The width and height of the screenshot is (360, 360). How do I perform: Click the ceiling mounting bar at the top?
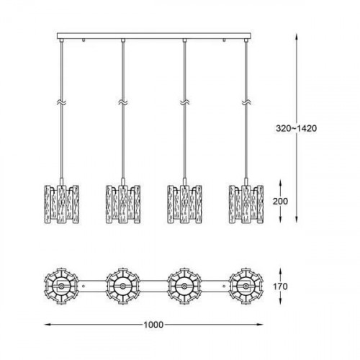click(x=152, y=35)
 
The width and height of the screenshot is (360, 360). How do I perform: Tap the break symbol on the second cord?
click(x=122, y=103)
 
